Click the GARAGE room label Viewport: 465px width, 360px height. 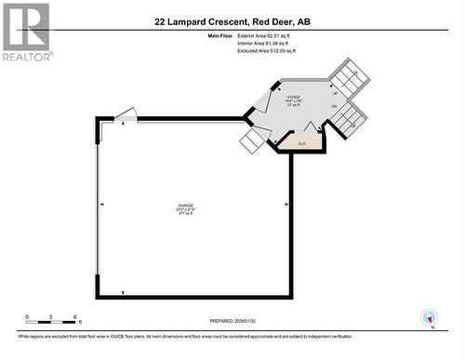click(x=193, y=208)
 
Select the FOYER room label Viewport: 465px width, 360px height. click(x=293, y=100)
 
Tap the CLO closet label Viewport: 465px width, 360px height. click(x=302, y=143)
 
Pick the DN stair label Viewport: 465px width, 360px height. click(x=335, y=106)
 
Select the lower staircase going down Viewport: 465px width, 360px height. click(x=351, y=118)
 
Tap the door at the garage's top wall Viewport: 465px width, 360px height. click(x=126, y=114)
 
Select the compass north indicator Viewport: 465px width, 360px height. click(x=429, y=317)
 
